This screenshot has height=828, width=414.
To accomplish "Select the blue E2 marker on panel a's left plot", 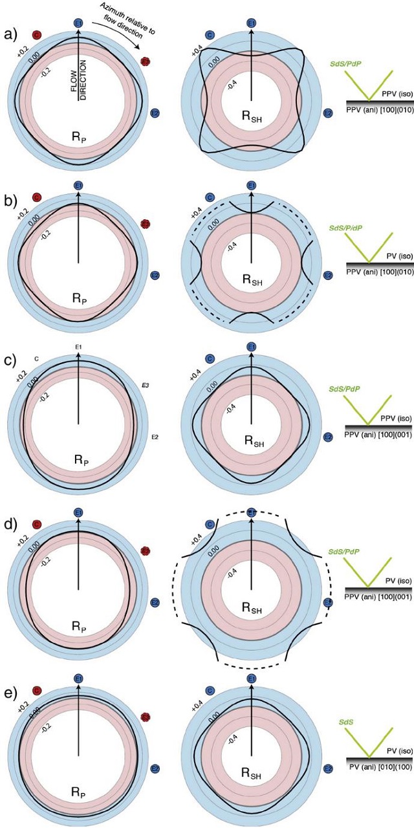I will (155, 114).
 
